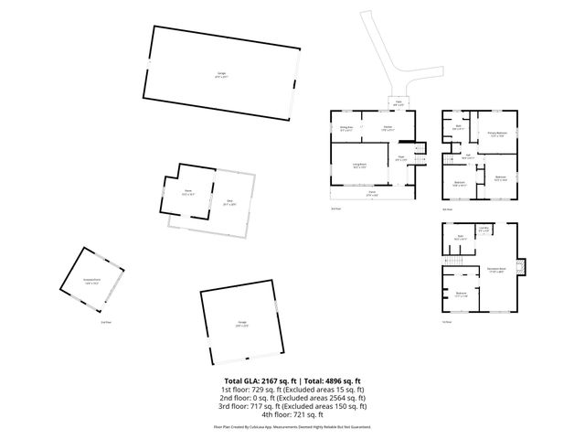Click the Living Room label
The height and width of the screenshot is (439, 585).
pyautogui.click(x=360, y=166)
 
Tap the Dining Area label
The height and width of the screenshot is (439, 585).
pyautogui.click(x=346, y=129)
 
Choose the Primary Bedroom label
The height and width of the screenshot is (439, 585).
pyautogui.click(x=496, y=134)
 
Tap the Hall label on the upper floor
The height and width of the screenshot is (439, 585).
pyautogui.click(x=467, y=155)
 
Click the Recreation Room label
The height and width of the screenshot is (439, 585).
pyautogui.click(x=497, y=269)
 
